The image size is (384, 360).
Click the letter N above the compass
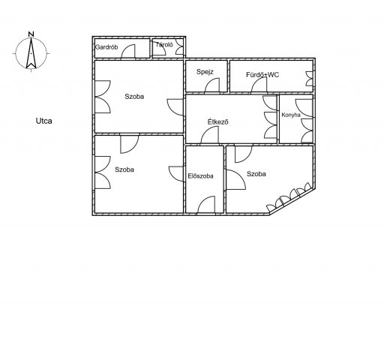point(31,34)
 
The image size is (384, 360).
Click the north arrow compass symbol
point(31,53)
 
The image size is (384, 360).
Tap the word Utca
point(44,121)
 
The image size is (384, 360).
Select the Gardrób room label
point(106,47)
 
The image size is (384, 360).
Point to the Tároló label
point(164,45)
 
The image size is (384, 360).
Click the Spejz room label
point(205,72)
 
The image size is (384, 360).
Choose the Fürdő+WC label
point(262,75)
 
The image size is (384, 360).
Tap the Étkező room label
point(218,122)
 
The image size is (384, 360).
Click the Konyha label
point(291,115)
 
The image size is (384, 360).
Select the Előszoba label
point(200,176)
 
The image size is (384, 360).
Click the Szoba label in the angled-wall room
point(256,174)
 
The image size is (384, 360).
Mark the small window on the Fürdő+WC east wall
point(310,79)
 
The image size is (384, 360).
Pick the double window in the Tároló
point(180,46)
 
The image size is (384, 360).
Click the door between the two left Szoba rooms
point(130,144)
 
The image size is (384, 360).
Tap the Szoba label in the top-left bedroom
point(134,97)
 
